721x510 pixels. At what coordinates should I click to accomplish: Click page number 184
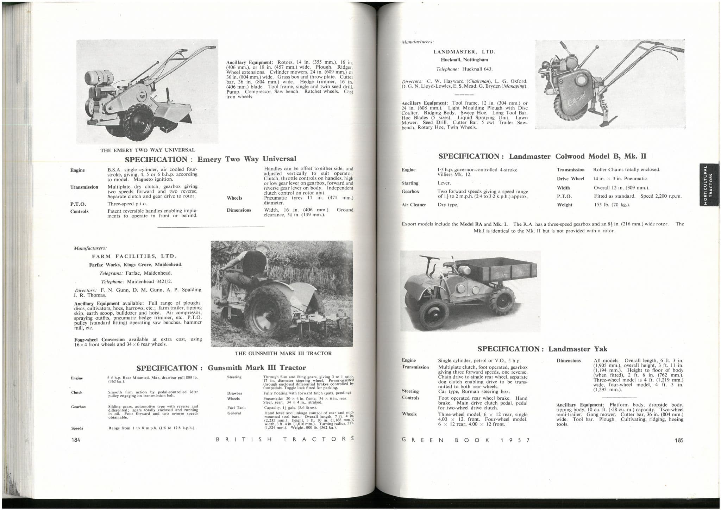76,440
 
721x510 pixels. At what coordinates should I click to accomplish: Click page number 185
679,440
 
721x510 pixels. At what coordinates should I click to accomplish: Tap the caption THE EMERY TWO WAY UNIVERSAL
148,150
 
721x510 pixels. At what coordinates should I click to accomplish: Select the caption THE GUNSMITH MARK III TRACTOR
283,353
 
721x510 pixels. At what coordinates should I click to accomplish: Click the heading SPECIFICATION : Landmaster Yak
542,349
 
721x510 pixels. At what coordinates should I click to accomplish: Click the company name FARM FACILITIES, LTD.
134,256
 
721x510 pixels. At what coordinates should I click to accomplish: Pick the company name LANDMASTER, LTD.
464,52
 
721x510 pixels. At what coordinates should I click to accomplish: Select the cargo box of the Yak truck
510,269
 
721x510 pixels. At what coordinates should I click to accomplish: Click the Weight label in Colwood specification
564,205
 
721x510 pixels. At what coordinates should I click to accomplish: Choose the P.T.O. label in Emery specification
78,204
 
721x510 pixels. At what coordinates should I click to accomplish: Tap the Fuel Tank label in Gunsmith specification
234,408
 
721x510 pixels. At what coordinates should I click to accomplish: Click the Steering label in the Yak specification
410,391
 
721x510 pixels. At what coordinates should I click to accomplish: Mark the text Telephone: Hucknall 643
464,69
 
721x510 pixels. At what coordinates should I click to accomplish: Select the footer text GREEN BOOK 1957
465,440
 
